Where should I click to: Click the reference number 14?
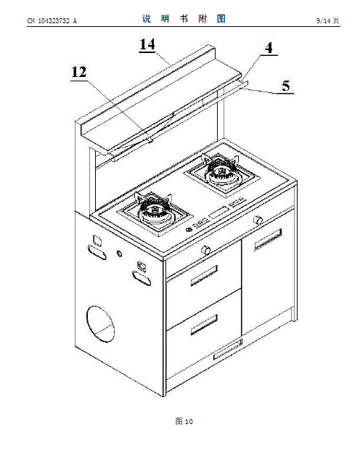(147, 44)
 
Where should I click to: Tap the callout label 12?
(79, 72)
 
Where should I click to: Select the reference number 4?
(269, 47)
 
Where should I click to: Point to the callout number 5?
(285, 86)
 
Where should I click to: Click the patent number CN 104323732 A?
(52, 21)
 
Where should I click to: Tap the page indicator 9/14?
(324, 21)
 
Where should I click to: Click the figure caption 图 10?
(184, 421)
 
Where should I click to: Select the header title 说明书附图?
(184, 19)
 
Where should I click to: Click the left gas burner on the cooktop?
(155, 212)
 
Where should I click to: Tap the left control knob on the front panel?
(206, 250)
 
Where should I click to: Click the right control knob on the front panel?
(258, 220)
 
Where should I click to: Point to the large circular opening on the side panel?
(100, 324)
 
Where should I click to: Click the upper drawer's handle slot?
(204, 275)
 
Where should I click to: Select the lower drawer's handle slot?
(204, 324)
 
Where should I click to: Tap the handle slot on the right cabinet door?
(268, 240)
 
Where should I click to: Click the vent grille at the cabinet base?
(227, 349)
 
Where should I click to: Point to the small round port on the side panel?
(119, 253)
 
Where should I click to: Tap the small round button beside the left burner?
(189, 229)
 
